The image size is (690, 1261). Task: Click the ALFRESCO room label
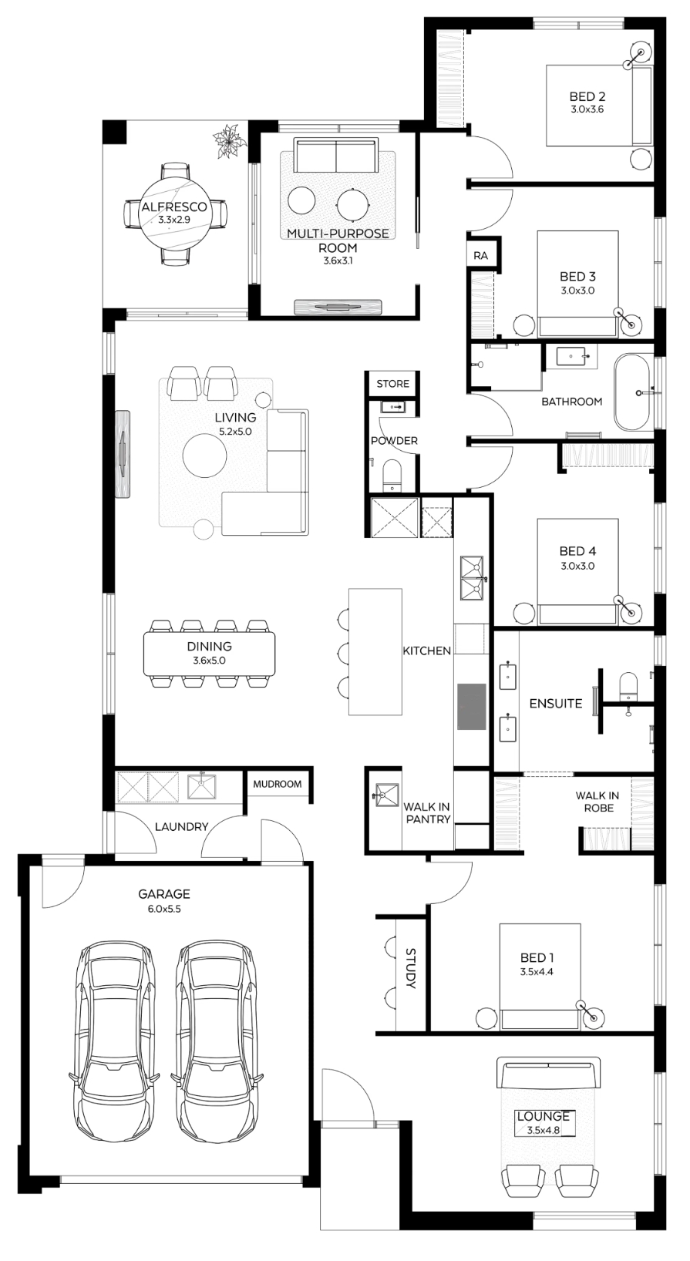[174, 207]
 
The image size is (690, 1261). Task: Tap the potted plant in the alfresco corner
[230, 140]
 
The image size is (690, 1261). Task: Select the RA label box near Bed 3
[480, 256]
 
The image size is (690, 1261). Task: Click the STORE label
[392, 383]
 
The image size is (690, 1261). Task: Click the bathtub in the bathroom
[634, 392]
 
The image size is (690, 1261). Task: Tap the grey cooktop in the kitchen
[472, 707]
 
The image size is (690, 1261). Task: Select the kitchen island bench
[375, 652]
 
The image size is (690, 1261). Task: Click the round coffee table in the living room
[205, 456]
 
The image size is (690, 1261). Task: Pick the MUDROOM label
[277, 784]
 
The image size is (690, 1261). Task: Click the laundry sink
[201, 786]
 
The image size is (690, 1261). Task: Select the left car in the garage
[116, 1042]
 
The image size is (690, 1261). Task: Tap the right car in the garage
[217, 1042]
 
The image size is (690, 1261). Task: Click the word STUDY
[411, 968]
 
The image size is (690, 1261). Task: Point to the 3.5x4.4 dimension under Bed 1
[537, 972]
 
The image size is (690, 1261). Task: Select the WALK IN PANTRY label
[427, 813]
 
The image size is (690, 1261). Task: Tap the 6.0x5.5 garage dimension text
[164, 909]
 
